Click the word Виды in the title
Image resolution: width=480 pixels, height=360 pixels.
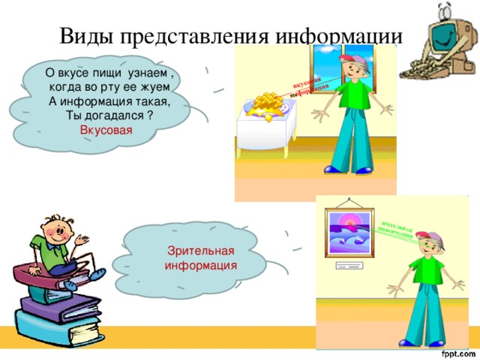click(84, 37)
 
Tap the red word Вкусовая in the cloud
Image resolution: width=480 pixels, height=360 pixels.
click(106, 130)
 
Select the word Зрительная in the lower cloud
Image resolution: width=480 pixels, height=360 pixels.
click(201, 250)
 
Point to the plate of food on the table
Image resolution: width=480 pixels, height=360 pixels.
click(268, 103)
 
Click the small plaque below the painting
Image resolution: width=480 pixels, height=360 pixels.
click(348, 266)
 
